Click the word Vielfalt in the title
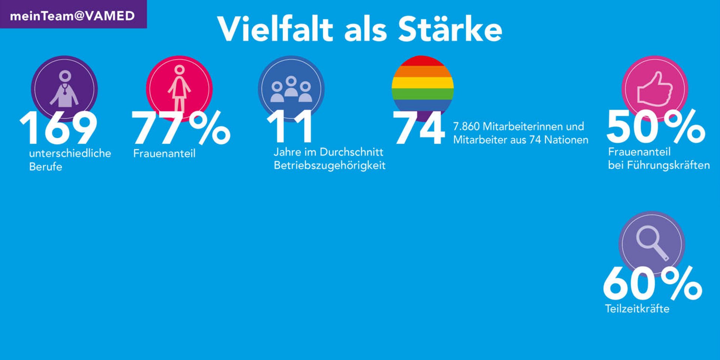pyautogui.click(x=275, y=29)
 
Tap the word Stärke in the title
pyautogui.click(x=450, y=29)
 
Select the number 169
pyautogui.click(x=58, y=128)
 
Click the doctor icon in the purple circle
pyautogui.click(x=64, y=89)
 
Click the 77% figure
pyautogui.click(x=180, y=128)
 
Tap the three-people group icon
pyautogui.click(x=291, y=89)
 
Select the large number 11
pyautogui.click(x=290, y=127)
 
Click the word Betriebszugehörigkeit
pyautogui.click(x=329, y=165)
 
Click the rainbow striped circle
pyautogui.click(x=423, y=84)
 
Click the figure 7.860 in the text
pyautogui.click(x=466, y=126)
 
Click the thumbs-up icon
pyautogui.click(x=655, y=89)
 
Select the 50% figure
pyautogui.click(x=655, y=127)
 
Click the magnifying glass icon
pyautogui.click(x=652, y=243)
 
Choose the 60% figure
pyautogui.click(x=652, y=284)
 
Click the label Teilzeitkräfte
pyautogui.click(x=637, y=309)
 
